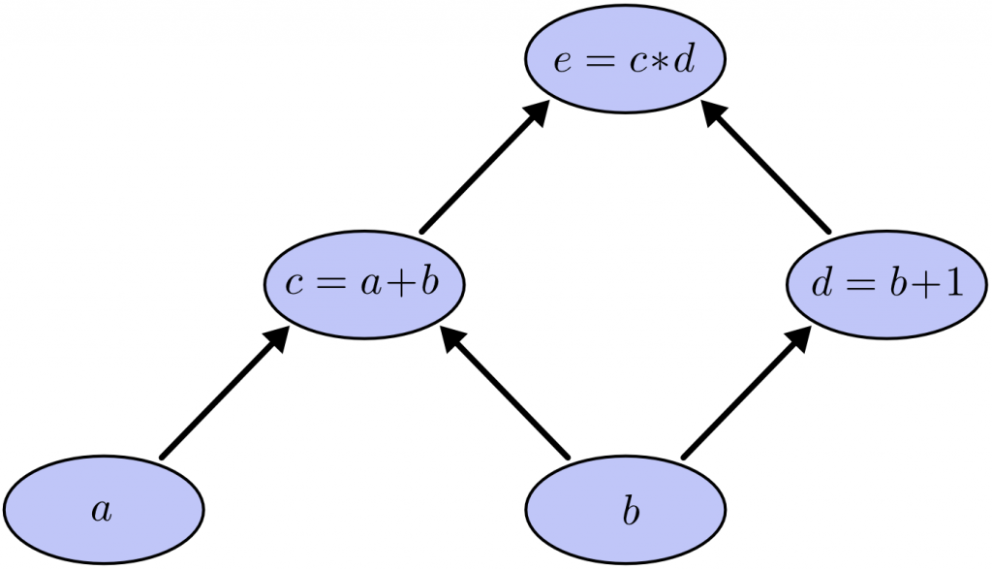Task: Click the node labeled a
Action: (103, 511)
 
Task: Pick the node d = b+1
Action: (886, 282)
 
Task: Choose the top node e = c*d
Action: (626, 60)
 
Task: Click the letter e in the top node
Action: (562, 62)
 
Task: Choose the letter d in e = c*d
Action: (684, 60)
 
